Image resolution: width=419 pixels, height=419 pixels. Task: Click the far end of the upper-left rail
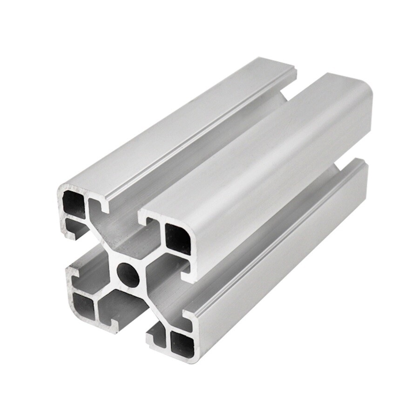coord(279,65)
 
